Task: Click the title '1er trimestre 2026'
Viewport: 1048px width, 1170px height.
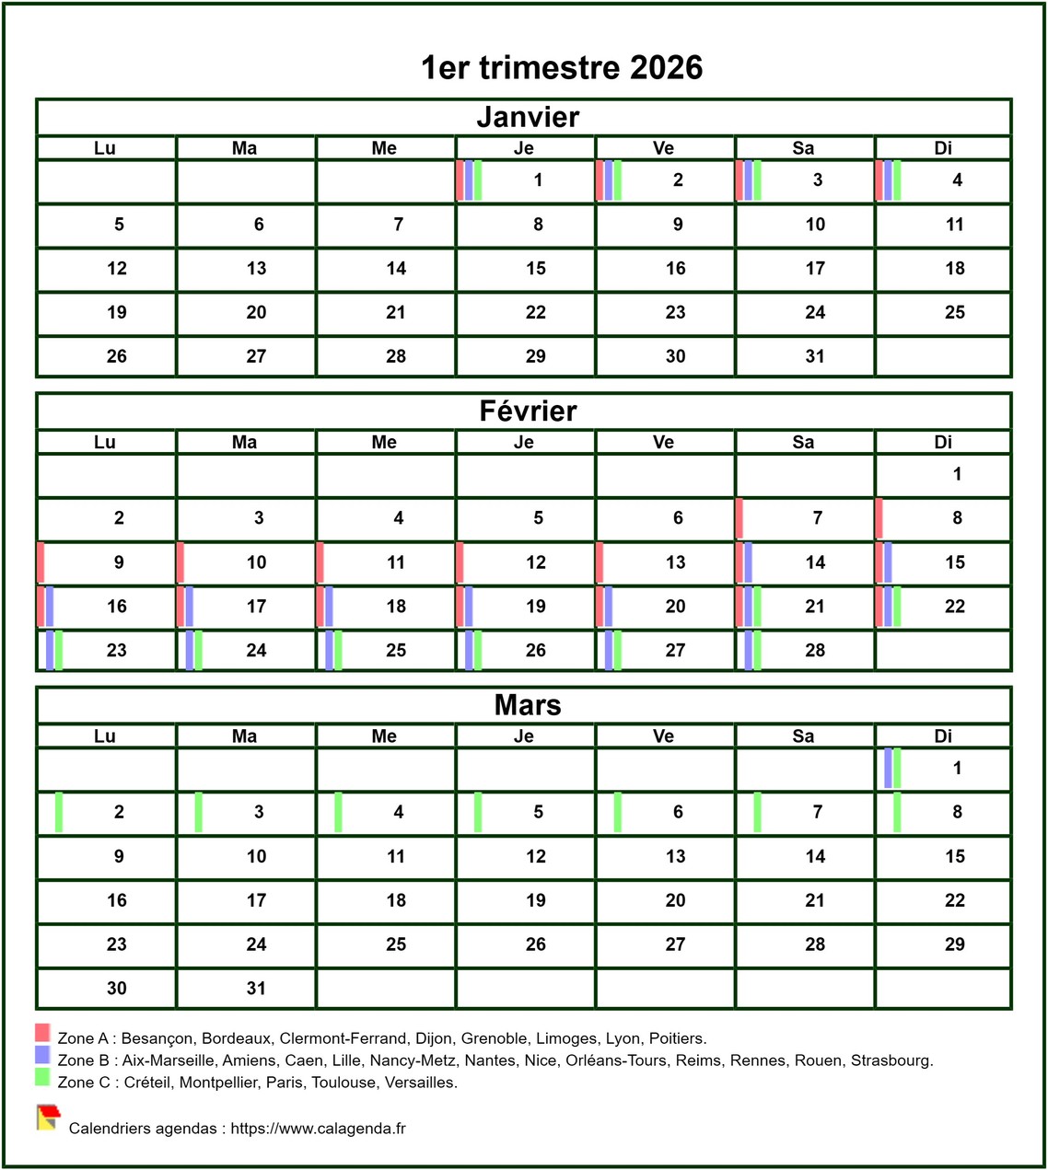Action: pos(562,67)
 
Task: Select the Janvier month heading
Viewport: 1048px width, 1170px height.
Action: pos(528,117)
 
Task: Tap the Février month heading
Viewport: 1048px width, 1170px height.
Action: pos(528,411)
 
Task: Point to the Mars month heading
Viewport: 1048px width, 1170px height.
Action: pos(528,705)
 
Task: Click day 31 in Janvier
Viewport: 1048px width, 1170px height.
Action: pos(815,356)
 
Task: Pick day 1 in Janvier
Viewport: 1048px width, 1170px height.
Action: pos(538,180)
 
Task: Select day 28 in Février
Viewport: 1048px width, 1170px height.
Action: pos(815,651)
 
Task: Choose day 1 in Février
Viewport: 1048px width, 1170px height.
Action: pos(957,474)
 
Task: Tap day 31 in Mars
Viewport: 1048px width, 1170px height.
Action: pos(256,989)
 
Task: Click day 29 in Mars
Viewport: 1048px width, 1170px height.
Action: pos(955,944)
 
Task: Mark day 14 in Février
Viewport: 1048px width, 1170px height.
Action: pos(815,562)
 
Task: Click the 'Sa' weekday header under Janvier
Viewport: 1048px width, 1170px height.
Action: pos(803,148)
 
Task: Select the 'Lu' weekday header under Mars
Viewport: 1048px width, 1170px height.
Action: pos(105,736)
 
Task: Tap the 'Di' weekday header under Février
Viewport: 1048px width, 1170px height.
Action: pos(943,443)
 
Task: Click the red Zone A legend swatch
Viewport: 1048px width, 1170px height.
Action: pos(42,1032)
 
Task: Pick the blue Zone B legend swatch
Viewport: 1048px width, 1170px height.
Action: pos(42,1055)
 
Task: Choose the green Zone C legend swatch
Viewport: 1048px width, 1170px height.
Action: pos(42,1077)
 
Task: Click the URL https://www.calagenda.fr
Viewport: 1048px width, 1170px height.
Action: pos(318,1129)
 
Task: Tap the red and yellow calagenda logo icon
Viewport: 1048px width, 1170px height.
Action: pos(48,1118)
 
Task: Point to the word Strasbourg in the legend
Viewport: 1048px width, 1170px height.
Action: pos(891,1060)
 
